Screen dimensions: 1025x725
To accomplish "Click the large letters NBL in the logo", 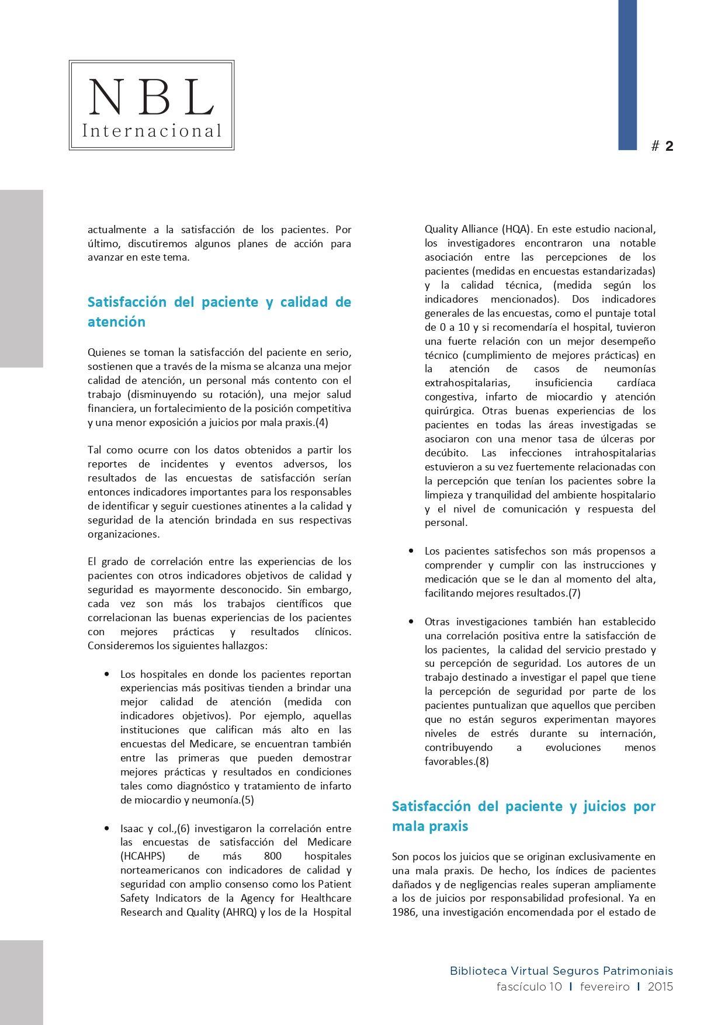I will tap(151, 97).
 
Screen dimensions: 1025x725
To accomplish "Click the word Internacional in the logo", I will tap(152, 130).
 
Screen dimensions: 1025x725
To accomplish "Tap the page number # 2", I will tap(662, 146).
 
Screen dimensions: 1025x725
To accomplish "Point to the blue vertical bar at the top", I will tap(627, 75).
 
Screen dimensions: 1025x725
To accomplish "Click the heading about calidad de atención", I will tap(219, 311).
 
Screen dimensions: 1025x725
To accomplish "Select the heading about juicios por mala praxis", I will tap(523, 816).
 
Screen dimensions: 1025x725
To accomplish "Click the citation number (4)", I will tap(321, 423).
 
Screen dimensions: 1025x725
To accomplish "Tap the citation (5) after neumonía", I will tap(247, 800).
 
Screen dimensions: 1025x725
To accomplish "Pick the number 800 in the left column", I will tap(273, 856).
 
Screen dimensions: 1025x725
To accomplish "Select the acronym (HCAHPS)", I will tap(143, 856).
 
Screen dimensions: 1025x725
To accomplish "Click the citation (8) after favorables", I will tap(482, 761).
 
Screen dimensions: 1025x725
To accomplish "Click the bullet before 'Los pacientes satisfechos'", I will tap(411, 550).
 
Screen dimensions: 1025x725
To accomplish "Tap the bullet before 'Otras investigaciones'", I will tap(411, 621).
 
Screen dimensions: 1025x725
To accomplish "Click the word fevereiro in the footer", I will tap(605, 987).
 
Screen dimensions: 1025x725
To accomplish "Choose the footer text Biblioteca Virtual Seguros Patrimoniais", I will tap(561, 971).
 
